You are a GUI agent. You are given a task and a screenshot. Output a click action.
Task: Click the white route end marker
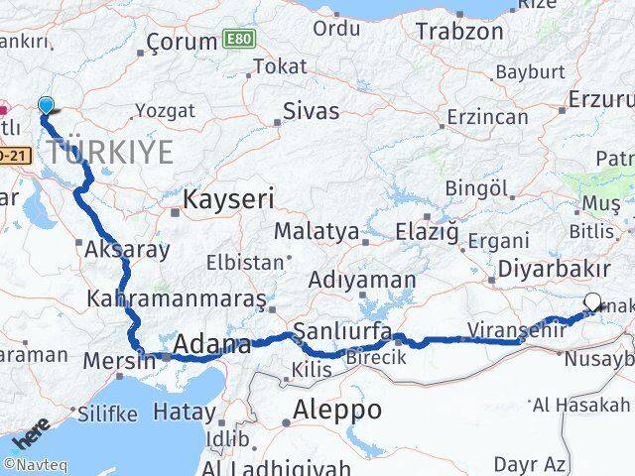tap(592, 302)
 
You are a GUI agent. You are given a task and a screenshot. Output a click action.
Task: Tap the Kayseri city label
tap(228, 199)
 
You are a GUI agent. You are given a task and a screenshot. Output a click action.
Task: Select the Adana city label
tap(211, 345)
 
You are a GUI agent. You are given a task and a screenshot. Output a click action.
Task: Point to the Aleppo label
tap(337, 409)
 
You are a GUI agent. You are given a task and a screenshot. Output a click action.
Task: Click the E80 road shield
tap(238, 39)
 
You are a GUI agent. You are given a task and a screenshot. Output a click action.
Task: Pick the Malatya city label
tap(317, 231)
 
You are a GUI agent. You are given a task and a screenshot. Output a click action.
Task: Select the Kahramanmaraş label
tap(177, 297)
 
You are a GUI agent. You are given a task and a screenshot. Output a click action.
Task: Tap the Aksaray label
tap(128, 249)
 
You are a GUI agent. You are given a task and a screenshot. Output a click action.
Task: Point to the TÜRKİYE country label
tap(109, 153)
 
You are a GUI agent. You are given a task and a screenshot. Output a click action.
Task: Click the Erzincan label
tap(486, 117)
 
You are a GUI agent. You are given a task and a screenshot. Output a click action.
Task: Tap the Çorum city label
tap(182, 42)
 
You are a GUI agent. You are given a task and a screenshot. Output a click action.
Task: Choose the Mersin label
tap(121, 359)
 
